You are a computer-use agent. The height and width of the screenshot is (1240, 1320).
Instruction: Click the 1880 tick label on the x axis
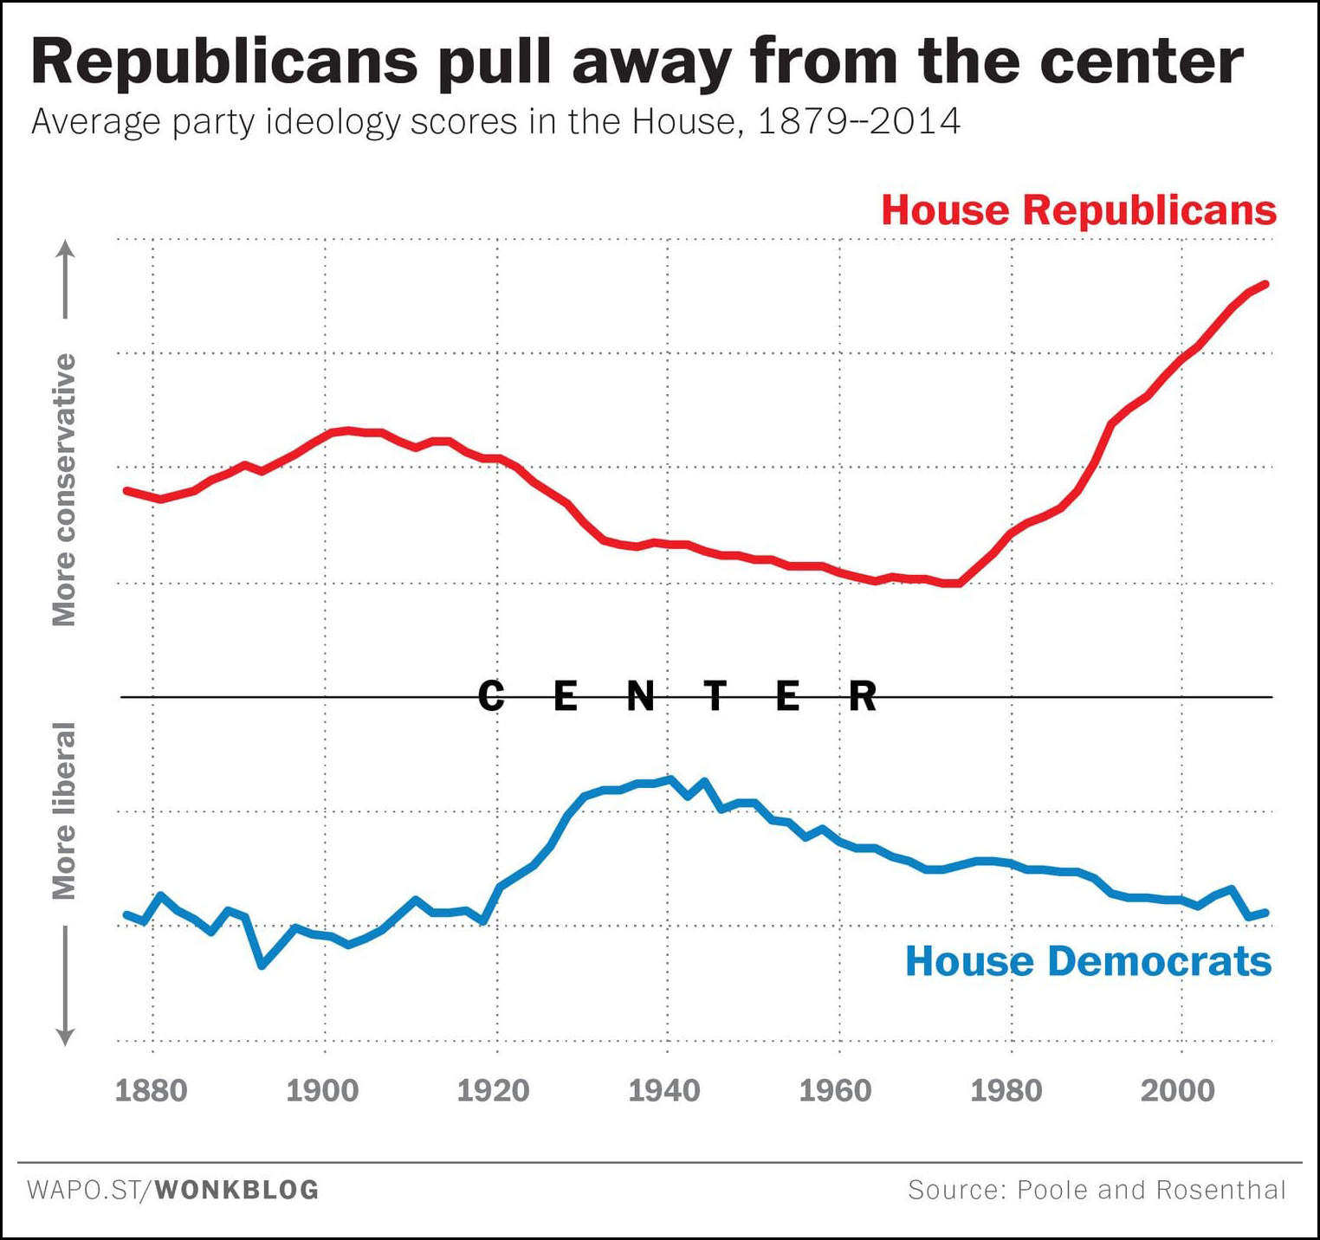[x=151, y=1090]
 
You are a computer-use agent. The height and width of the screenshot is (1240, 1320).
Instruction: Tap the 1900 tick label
[x=322, y=1090]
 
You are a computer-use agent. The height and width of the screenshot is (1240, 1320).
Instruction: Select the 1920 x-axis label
[x=493, y=1090]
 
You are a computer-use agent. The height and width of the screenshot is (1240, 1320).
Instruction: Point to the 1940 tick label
[x=664, y=1090]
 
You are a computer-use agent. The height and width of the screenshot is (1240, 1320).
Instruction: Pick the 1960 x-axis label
[x=835, y=1090]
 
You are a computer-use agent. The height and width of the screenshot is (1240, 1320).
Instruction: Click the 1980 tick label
[x=1006, y=1090]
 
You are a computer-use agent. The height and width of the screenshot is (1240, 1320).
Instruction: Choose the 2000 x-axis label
[x=1178, y=1090]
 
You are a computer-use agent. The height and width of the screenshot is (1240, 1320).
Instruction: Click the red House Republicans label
[x=1078, y=210]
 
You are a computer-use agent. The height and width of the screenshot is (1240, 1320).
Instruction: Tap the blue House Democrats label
[x=1088, y=961]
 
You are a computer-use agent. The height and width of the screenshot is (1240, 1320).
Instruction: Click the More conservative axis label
[x=64, y=489]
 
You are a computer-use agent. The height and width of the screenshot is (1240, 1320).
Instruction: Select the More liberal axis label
[x=64, y=811]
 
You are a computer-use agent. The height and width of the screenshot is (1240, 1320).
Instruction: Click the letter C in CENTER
[x=491, y=695]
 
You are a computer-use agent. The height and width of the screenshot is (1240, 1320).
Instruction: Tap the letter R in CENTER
[x=863, y=695]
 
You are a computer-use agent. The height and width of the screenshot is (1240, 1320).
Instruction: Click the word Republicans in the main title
[x=224, y=62]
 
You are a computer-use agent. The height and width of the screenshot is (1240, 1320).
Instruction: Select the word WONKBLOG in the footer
[x=237, y=1190]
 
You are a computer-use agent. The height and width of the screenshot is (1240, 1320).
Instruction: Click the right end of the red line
[x=1266, y=284]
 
